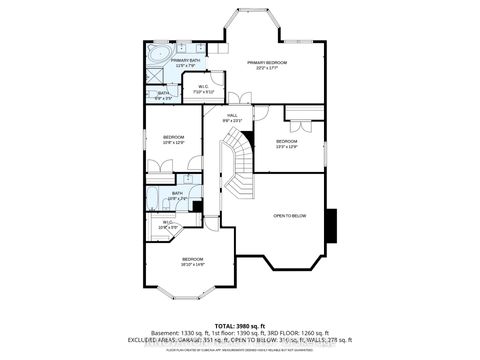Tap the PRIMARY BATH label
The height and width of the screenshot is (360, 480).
point(184,61)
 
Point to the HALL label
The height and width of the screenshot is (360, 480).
point(232,116)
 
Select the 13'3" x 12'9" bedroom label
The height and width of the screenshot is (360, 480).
point(288,142)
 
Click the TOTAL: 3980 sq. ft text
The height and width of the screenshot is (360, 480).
point(239,325)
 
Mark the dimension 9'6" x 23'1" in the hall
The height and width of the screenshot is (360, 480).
point(232,122)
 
